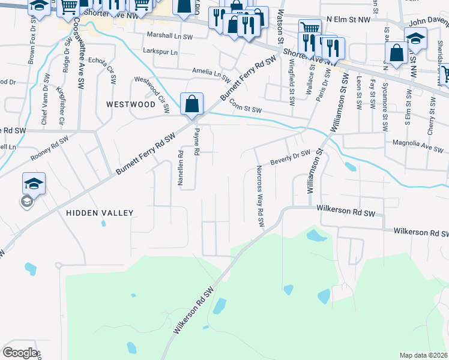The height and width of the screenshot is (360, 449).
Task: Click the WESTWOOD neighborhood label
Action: click(131, 104)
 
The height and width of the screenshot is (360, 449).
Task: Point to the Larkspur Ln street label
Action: click(160, 52)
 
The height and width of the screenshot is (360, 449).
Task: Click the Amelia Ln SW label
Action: click(211, 74)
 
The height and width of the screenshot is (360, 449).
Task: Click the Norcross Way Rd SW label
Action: click(261, 196)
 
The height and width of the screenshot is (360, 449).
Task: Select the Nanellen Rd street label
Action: click(180, 168)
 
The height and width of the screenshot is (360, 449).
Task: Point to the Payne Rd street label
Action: click(196, 143)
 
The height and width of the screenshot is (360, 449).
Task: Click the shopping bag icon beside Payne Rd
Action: click(191, 104)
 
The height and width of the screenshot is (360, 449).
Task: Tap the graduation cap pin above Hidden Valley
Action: click(34, 184)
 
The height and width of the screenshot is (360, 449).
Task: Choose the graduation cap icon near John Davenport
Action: click(415, 38)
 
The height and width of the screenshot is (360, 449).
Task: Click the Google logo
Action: click(20, 353)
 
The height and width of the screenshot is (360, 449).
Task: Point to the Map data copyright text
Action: click(423, 355)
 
